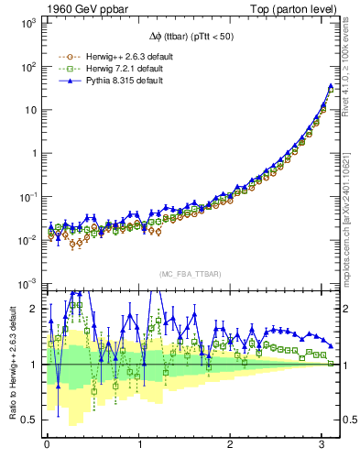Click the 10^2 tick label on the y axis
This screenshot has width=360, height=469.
pyautogui.click(x=29, y=66)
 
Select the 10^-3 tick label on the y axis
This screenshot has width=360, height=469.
pyautogui.click(x=28, y=283)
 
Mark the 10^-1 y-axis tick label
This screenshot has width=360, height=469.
pyautogui.click(x=28, y=196)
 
